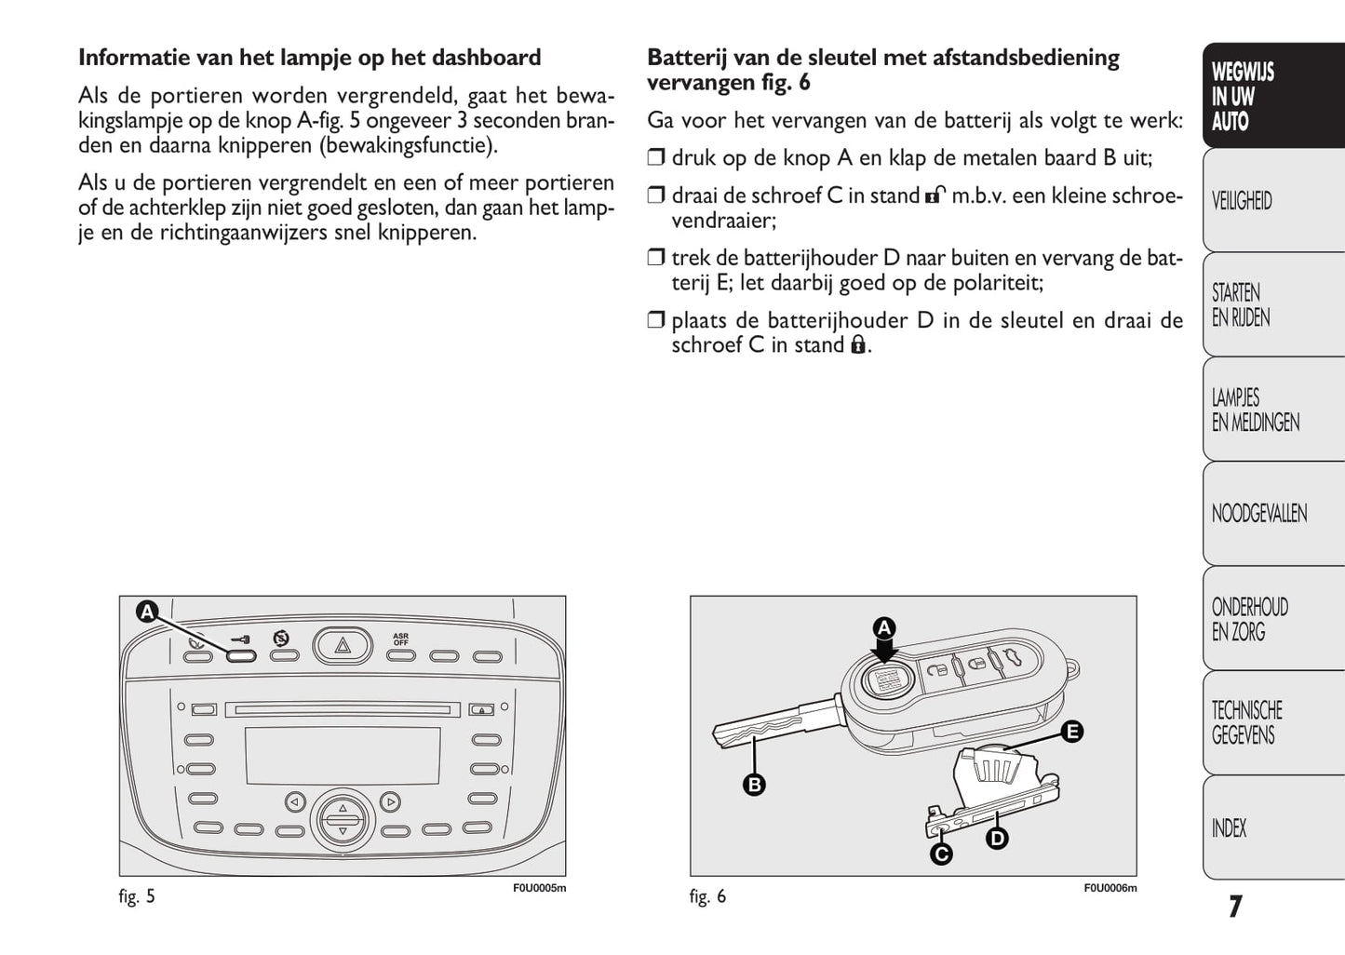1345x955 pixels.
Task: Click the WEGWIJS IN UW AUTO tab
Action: click(1271, 96)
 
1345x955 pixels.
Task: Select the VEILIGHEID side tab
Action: click(1271, 200)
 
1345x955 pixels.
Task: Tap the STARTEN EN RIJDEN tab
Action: click(1271, 305)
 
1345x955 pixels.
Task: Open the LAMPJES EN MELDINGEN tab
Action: click(1271, 410)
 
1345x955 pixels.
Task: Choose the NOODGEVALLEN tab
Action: click(1271, 514)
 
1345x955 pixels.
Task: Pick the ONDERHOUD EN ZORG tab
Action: click(1271, 619)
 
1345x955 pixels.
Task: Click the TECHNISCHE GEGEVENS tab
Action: click(1271, 723)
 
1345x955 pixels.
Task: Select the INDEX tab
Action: click(1271, 828)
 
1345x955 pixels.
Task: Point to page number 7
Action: click(1234, 907)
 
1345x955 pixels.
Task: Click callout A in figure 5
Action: click(147, 612)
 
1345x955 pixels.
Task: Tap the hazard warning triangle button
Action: click(343, 643)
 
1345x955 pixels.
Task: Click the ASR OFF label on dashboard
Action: click(400, 639)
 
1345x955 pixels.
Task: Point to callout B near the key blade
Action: click(754, 785)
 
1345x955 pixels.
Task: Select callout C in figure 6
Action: click(941, 854)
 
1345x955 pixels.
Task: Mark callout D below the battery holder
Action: click(997, 839)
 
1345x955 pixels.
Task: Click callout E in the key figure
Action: click(1072, 732)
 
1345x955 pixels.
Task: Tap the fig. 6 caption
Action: click(707, 897)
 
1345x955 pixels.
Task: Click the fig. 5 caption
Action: click(137, 897)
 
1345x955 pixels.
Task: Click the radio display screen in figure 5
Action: click(343, 756)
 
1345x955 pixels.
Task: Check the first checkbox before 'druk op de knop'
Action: click(656, 158)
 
